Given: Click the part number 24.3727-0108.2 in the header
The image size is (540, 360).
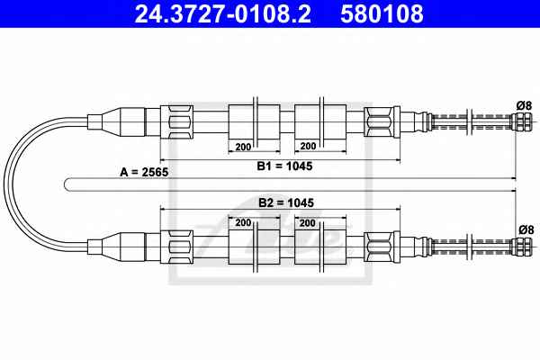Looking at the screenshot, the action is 223,13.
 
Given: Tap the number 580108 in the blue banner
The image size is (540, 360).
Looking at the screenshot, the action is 382,13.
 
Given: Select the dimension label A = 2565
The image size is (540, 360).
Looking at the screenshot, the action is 144,172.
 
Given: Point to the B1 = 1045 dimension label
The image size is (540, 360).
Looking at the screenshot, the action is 284,166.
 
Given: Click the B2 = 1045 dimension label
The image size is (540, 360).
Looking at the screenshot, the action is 286,202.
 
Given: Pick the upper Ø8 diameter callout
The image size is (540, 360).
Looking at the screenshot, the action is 524,106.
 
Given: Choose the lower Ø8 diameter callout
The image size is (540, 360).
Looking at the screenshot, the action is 526,229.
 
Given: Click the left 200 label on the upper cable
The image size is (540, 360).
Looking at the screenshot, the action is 243,147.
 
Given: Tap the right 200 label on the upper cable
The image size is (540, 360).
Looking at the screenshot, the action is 308,147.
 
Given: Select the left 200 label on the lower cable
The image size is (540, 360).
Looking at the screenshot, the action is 243,223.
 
